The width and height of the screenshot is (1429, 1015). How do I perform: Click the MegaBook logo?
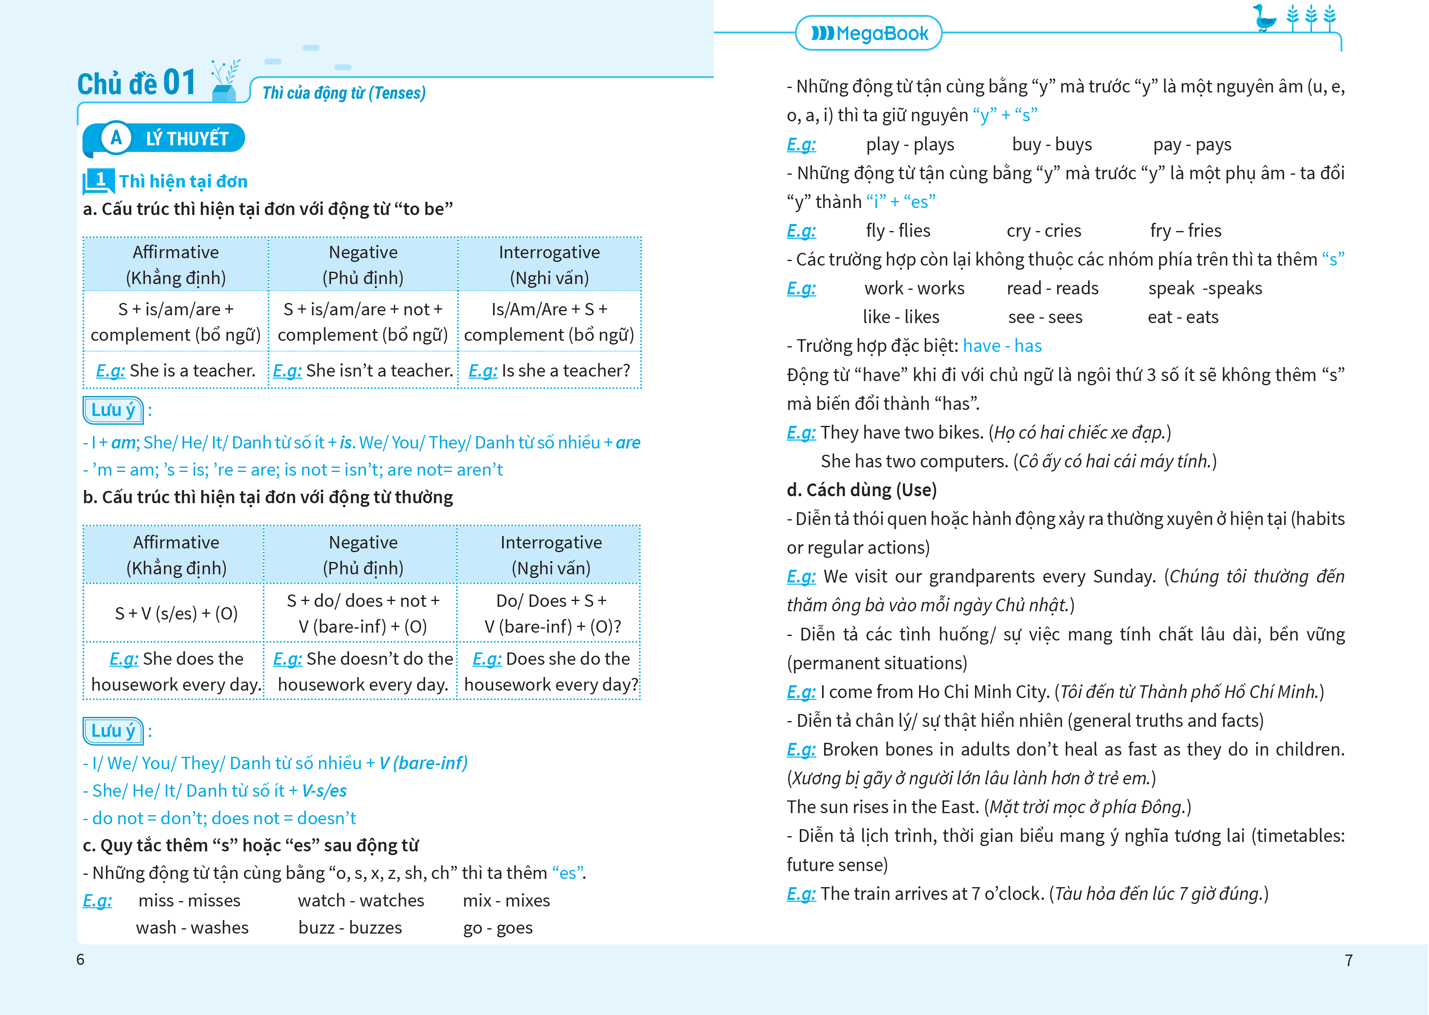point(869,33)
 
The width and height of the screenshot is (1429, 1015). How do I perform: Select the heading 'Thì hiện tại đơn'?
point(183,181)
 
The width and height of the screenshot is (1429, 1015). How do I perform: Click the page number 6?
point(80,960)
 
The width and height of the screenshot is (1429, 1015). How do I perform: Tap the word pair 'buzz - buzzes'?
point(350,927)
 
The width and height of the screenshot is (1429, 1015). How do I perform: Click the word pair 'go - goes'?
point(498,927)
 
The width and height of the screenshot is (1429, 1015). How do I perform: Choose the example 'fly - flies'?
point(898,231)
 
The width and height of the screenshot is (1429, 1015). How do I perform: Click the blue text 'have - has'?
point(1002,346)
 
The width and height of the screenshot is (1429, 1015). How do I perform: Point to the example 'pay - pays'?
point(1192,144)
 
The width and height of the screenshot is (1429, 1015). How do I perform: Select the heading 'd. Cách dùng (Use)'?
point(862,490)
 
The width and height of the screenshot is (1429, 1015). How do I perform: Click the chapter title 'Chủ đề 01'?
point(136,83)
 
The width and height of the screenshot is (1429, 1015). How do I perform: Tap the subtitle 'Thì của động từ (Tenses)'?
point(344,93)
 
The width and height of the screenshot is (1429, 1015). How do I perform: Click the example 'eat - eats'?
point(1183,317)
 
